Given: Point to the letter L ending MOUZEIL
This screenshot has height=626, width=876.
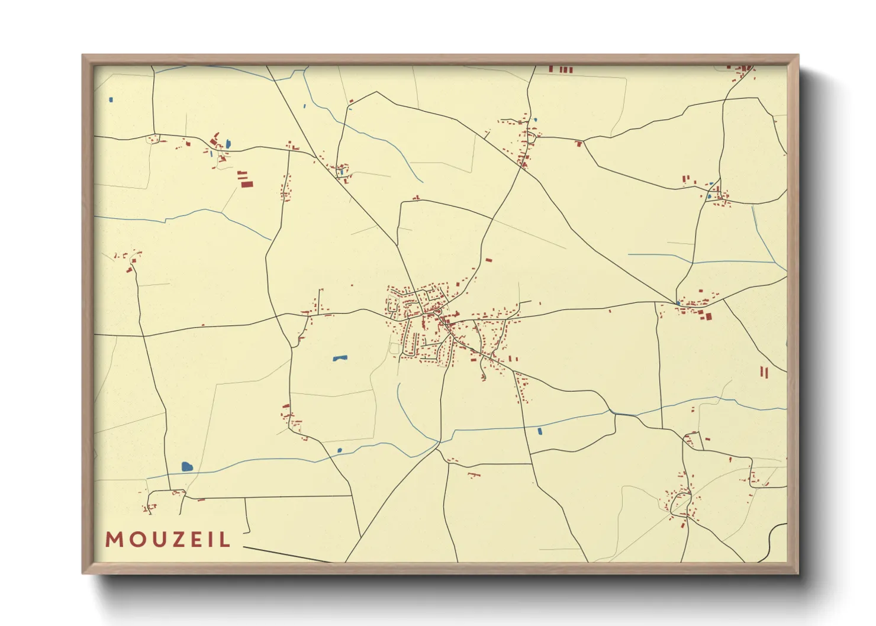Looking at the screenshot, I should point(225,540).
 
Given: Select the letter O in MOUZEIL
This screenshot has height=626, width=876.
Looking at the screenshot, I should point(135,540).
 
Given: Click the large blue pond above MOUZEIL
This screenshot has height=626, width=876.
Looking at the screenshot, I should point(188,466).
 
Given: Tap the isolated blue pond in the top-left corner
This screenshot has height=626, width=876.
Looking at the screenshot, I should point(111,99).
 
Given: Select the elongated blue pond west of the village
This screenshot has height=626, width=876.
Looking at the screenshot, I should point(339,358).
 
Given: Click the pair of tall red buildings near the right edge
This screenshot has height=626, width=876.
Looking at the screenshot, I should point(764,372).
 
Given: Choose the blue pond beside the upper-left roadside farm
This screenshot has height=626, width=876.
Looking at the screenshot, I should point(228,144).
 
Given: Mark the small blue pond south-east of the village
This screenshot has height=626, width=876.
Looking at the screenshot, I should point(539,431).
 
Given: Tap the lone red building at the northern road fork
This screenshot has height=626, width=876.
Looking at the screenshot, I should point(579,143).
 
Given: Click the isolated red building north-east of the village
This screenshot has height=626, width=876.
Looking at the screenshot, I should point(488,260).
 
